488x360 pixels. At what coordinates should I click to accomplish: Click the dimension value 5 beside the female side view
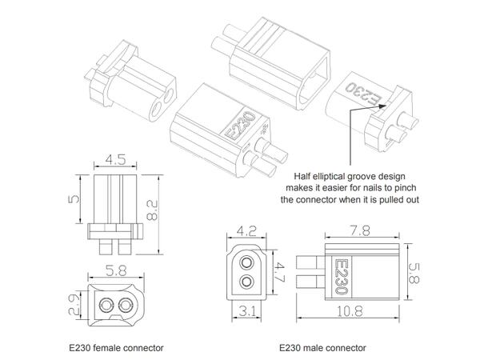[x=73, y=198]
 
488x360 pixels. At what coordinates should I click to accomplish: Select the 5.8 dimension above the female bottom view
[x=114, y=271]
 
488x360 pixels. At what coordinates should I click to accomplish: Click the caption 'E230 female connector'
[x=116, y=348]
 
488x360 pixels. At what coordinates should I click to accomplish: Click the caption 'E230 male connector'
[x=322, y=348]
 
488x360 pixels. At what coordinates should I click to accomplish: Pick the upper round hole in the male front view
[x=249, y=262]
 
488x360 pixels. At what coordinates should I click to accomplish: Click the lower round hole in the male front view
[x=249, y=281]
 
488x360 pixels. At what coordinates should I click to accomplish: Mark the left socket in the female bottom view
[x=106, y=303]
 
